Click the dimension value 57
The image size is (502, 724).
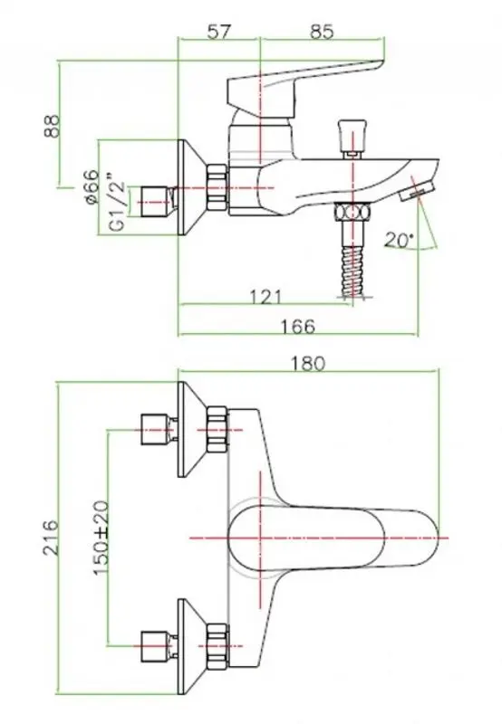coord(218,32)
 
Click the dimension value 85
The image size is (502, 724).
coord(322,32)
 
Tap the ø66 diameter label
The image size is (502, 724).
coord(91,186)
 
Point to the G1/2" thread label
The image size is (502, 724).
coord(118,202)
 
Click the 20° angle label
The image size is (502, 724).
coord(399,240)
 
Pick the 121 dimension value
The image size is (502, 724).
coord(265,297)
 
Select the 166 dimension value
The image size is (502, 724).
coord(298,327)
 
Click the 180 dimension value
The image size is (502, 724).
coord(307,364)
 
